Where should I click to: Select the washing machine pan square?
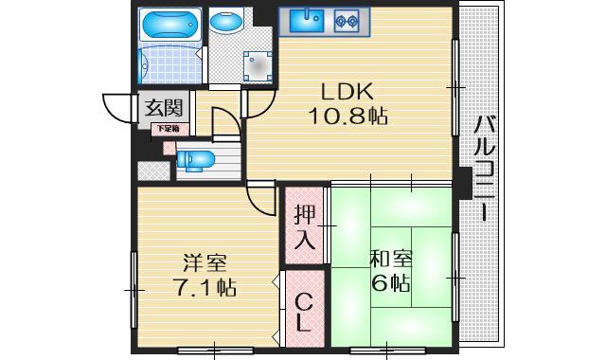[x=257, y=65]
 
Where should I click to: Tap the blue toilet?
[x=195, y=158]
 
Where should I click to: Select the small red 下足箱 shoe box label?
[x=169, y=128]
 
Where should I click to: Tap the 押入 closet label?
[x=303, y=226]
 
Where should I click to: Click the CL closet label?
[x=302, y=312]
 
